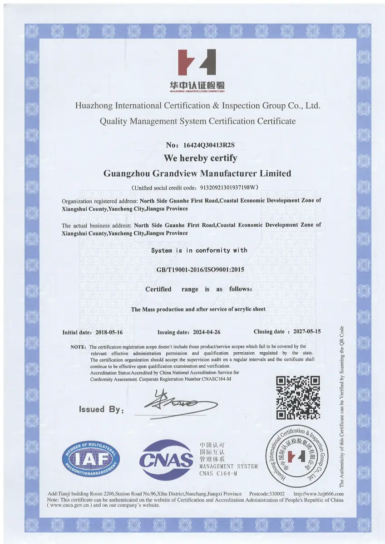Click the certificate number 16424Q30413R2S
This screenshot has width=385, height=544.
[x=207, y=145]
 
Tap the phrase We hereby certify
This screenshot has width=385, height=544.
[x=200, y=158]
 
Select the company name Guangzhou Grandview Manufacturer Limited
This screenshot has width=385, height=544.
[x=197, y=174]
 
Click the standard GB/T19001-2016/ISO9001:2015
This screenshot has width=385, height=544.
[x=200, y=270]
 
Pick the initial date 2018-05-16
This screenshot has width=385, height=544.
[x=109, y=332]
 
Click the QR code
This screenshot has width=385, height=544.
[x=298, y=397]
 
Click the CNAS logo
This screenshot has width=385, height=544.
[x=167, y=460]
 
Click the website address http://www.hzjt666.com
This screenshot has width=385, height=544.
[x=319, y=494]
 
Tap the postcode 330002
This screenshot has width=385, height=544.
[x=277, y=494]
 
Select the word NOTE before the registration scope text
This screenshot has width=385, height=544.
[x=78, y=346]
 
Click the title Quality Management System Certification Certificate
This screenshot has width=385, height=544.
[x=197, y=121]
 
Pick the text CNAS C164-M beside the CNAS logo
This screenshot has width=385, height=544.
[x=218, y=474]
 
